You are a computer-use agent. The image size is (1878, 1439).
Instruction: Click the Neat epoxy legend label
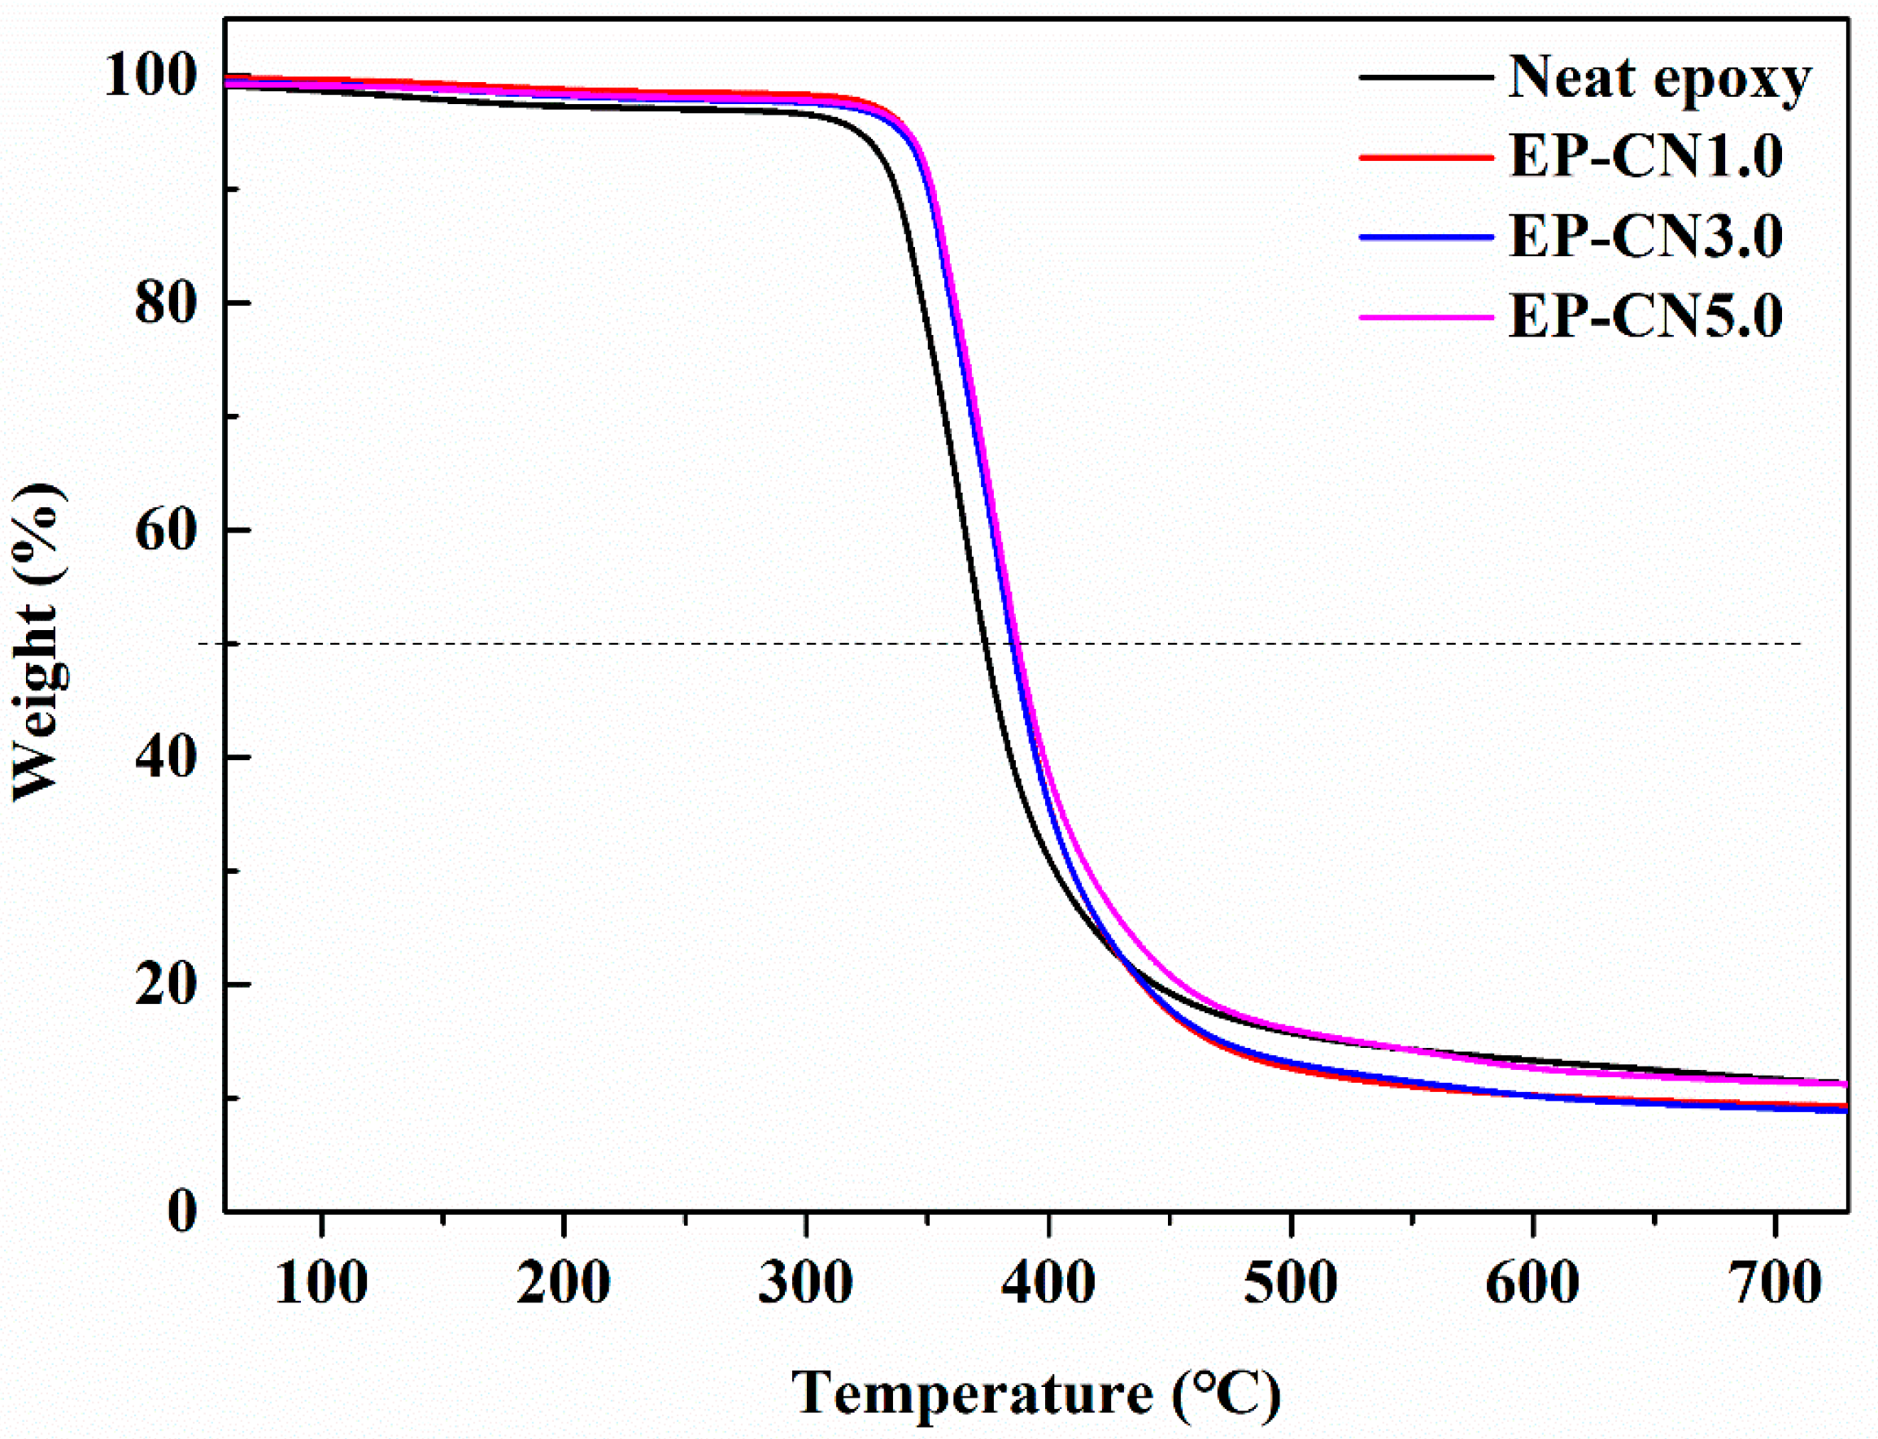[1658, 79]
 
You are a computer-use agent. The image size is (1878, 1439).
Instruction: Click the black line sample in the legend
[1427, 77]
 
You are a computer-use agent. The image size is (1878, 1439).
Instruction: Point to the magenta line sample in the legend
[1427, 318]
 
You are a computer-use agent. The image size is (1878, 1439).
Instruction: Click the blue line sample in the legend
[1427, 237]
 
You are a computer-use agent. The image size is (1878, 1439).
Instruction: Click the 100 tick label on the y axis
[150, 76]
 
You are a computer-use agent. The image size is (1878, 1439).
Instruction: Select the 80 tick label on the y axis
[166, 303]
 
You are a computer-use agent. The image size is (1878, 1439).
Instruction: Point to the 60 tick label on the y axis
[166, 530]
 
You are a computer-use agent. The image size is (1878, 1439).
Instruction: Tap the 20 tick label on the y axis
[166, 985]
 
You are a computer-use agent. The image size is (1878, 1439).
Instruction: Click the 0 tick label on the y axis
[181, 1212]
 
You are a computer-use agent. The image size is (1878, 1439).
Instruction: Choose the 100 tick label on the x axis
[321, 1283]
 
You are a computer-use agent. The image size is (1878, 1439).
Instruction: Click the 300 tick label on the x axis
[805, 1283]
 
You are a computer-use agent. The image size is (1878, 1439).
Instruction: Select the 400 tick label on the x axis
[1048, 1283]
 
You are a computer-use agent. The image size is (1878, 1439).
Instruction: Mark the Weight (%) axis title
[38, 642]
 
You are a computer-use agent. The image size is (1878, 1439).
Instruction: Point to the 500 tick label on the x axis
[1290, 1283]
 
